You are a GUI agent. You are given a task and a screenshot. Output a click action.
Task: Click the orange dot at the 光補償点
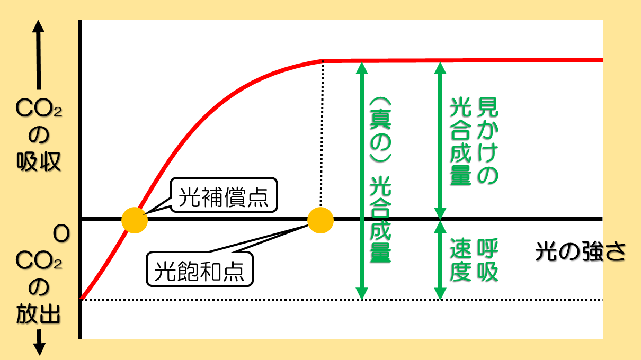point(134,219)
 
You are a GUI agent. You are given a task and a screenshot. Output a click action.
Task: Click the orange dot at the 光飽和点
point(320,219)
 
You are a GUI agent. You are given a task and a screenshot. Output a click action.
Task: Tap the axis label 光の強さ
point(580,252)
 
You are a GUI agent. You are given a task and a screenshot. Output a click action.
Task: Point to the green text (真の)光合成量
point(379,180)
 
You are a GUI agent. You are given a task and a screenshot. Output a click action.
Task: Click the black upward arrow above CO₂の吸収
point(38,53)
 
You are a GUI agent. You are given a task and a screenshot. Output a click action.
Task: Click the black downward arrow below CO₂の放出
point(39,344)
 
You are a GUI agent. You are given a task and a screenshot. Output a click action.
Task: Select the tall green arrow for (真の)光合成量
point(361,180)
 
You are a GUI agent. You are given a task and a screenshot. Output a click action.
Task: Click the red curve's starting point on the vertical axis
point(81,299)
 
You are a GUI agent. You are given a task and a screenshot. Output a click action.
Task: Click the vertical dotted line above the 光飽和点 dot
point(322,132)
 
